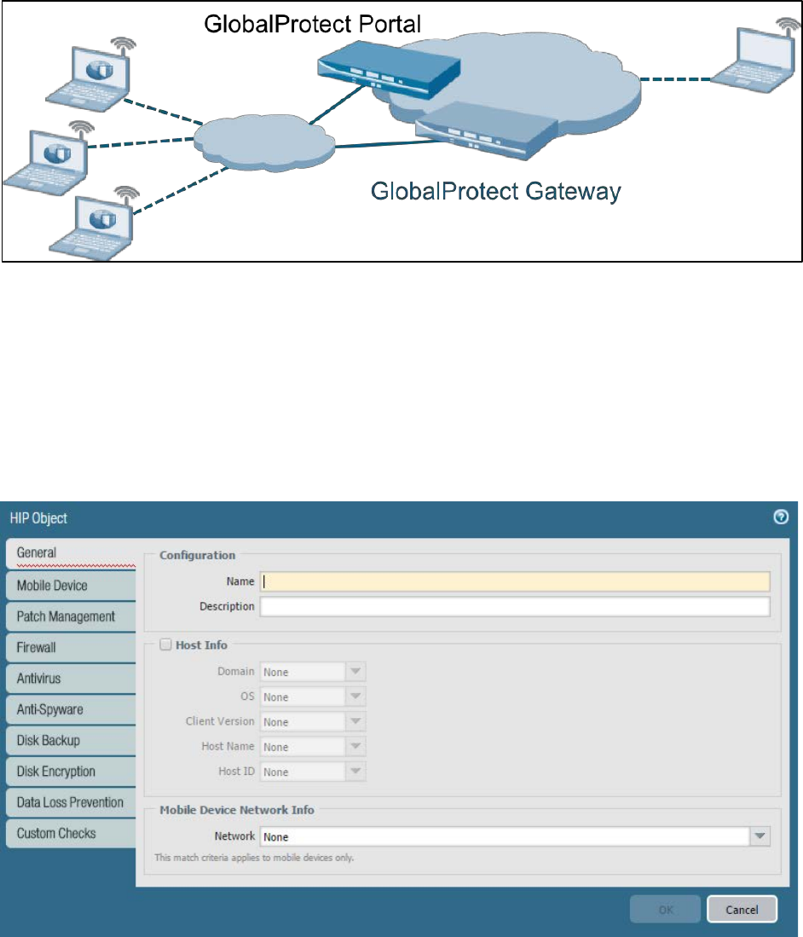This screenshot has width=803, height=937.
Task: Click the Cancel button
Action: pyautogui.click(x=742, y=910)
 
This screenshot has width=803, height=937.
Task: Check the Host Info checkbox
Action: pyautogui.click(x=165, y=645)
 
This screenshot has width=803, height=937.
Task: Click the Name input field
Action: pyautogui.click(x=514, y=581)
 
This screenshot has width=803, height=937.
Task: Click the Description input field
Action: pyautogui.click(x=514, y=606)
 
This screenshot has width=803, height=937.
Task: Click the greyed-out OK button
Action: pyautogui.click(x=665, y=910)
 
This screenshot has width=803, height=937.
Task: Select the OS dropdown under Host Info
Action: pyautogui.click(x=312, y=697)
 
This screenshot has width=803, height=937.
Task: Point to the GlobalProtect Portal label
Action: pyautogui.click(x=312, y=26)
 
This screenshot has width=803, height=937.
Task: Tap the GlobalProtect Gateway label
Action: pyautogui.click(x=495, y=191)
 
